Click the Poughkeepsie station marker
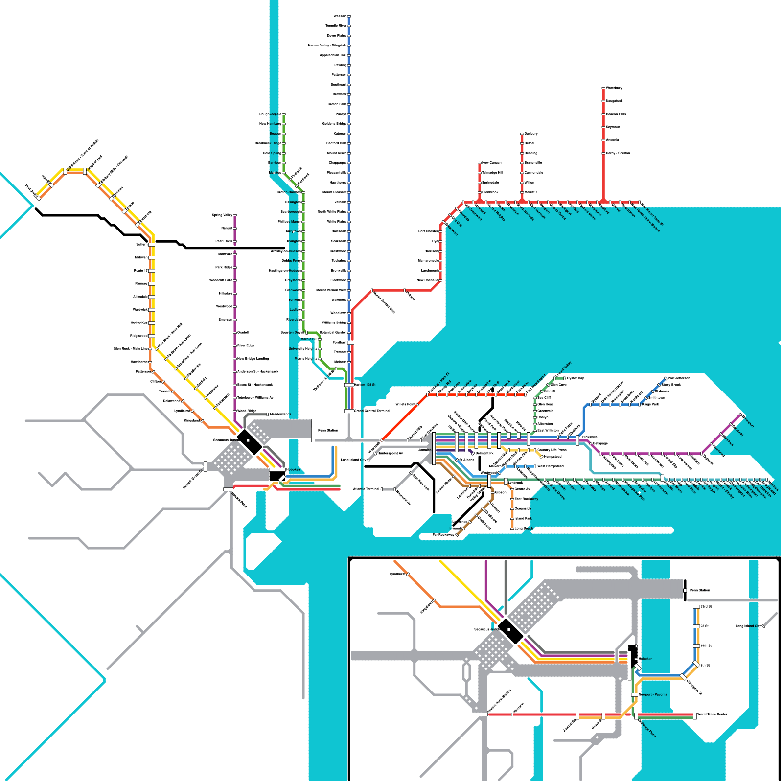point(284,114)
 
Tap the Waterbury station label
point(614,88)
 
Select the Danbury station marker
point(522,134)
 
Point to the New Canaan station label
point(492,163)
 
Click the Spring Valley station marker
point(235,215)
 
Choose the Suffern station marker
point(152,244)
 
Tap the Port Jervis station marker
point(37,197)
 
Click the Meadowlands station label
point(281,415)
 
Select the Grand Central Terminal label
point(372,411)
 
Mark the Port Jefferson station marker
point(665,378)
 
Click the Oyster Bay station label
point(576,378)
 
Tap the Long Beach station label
point(524,529)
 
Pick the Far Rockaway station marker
point(457,535)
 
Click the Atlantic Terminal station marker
point(395,489)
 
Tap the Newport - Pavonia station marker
point(634,695)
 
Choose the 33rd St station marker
point(696,607)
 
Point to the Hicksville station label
point(590,437)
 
